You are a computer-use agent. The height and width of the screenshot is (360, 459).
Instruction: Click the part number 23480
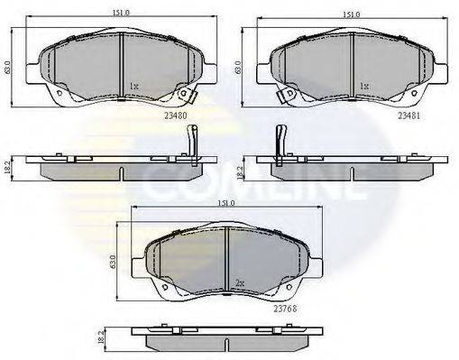(176, 115)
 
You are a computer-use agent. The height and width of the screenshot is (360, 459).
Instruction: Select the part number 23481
(409, 115)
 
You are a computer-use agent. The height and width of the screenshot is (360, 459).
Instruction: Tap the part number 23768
(285, 309)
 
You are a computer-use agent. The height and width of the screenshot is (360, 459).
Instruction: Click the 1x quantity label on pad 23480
(133, 87)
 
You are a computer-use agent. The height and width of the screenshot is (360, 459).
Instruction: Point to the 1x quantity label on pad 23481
(364, 87)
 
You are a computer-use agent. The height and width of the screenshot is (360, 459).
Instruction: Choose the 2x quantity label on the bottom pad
(239, 282)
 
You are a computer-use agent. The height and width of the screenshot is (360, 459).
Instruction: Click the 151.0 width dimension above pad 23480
(121, 14)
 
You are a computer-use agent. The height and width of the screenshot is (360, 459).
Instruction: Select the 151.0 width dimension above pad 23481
(352, 14)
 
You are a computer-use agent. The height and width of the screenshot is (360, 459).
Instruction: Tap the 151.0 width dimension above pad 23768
(226, 203)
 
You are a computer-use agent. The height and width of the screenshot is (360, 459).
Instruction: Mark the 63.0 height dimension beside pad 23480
(7, 68)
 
